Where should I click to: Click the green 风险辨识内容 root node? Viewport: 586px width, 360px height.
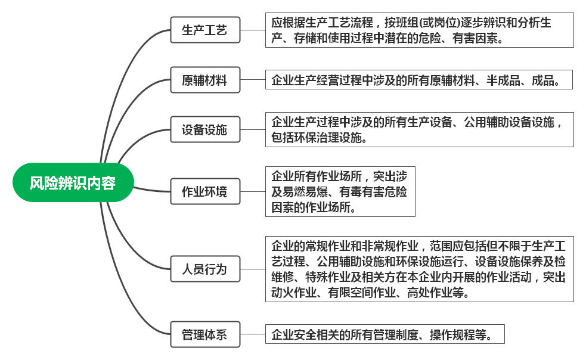[x=73, y=183]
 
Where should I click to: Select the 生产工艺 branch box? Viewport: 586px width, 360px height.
[x=204, y=30]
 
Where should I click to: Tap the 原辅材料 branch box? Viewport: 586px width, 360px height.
[x=204, y=80]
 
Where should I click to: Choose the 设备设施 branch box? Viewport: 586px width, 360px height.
[x=204, y=129]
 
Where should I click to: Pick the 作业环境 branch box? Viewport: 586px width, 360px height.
[x=204, y=192]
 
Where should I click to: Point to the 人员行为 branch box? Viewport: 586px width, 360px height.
[x=204, y=269]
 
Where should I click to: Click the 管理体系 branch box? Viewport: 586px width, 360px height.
[x=204, y=334]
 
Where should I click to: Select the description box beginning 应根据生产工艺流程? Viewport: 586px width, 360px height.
[x=419, y=30]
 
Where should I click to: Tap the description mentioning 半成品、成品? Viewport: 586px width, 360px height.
[x=418, y=80]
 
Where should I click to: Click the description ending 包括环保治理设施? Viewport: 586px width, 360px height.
[x=419, y=129]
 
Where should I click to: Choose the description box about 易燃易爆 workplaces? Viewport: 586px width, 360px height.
[x=340, y=192]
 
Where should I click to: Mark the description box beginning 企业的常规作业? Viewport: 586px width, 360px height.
[x=419, y=269]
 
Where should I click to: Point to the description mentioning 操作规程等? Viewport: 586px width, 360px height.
[x=385, y=334]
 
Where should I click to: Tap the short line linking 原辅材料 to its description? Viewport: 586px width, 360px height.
[x=253, y=80]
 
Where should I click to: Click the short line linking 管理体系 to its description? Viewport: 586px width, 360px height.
[x=253, y=334]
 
